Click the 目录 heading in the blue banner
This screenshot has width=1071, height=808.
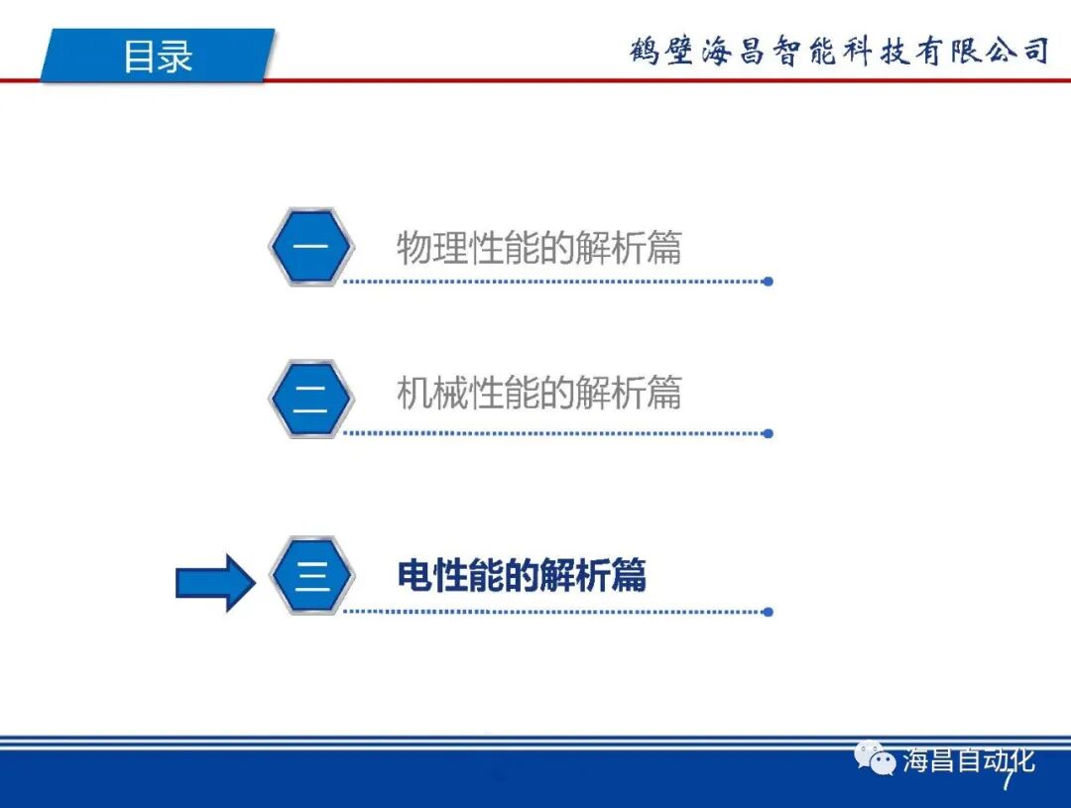coord(158,56)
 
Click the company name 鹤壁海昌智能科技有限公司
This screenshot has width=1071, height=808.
coord(839,51)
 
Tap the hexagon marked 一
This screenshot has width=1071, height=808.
coord(310,247)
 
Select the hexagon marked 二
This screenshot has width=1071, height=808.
coord(310,399)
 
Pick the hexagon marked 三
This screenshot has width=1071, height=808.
coord(311,576)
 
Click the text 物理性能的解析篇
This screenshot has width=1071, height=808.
coord(538,247)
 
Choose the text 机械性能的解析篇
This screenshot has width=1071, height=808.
coord(538,394)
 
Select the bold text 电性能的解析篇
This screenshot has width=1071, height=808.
coord(522,575)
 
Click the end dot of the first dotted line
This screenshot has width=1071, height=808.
coord(768,282)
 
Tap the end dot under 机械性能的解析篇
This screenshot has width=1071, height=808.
coord(768,433)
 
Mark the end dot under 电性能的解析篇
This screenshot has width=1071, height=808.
coord(768,612)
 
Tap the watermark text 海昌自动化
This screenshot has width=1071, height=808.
coord(968,760)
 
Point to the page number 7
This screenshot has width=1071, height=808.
coord(1008,782)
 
